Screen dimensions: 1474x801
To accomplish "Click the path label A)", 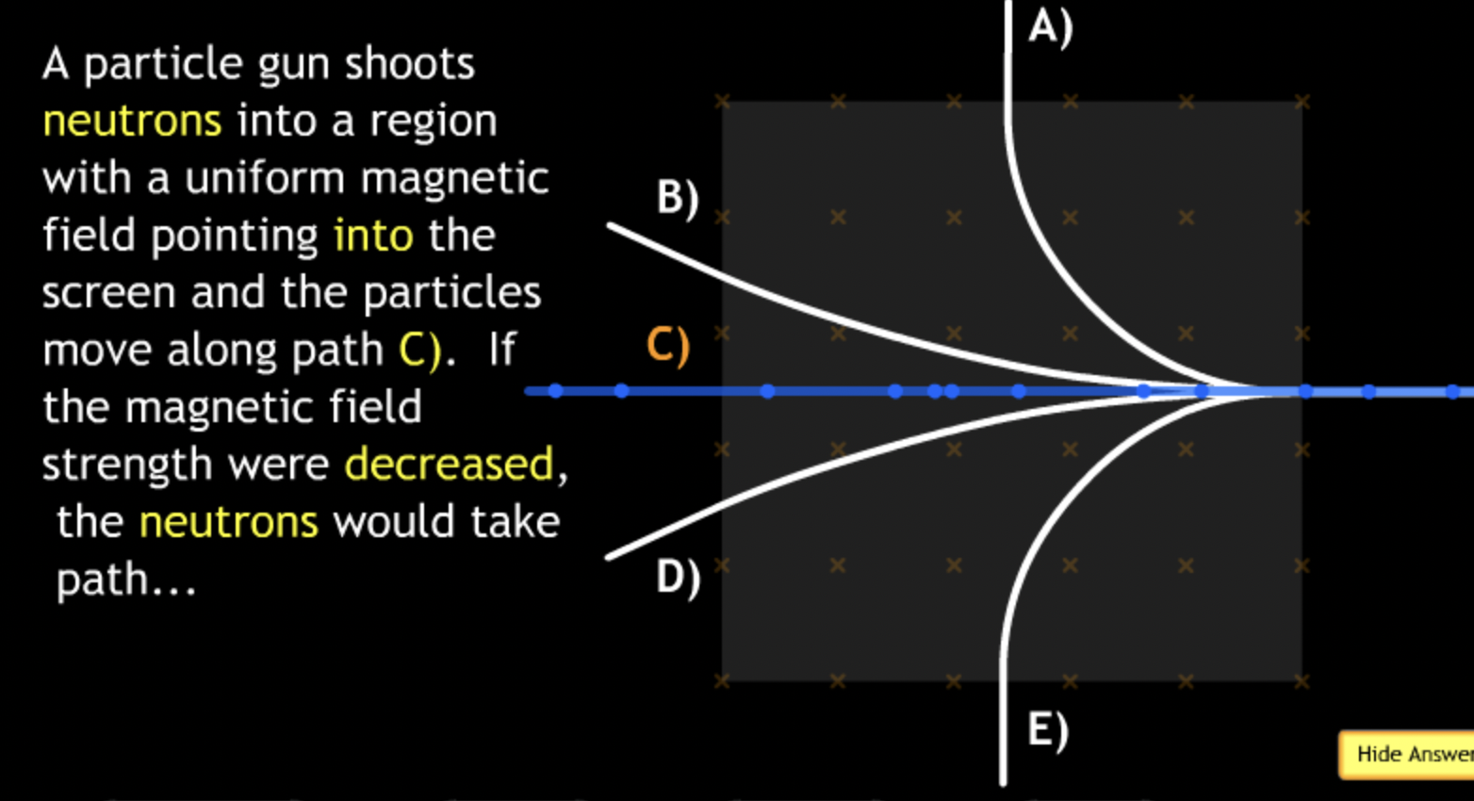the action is pos(1049,26).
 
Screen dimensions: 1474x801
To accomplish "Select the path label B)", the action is pos(678,198).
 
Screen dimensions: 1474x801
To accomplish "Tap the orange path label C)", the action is pos(667,345).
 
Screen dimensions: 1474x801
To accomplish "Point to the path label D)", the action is pos(678,577).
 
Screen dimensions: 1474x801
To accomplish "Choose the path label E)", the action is pos(1047,730).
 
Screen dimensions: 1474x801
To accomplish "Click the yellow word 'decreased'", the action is pos(449,465).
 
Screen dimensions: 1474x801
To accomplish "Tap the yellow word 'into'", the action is pos(373,236).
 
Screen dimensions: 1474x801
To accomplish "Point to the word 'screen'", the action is pos(108,293).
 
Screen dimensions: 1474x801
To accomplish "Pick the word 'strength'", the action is pos(126,465).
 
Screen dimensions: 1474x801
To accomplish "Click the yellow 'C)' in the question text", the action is pos(419,350).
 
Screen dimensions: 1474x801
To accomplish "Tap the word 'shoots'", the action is pos(409,64).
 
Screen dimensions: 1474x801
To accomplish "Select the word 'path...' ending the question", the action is pos(126,580).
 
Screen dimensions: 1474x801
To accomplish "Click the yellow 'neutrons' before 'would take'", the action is pos(228,522).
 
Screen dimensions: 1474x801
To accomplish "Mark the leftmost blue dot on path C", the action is pos(555,390).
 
